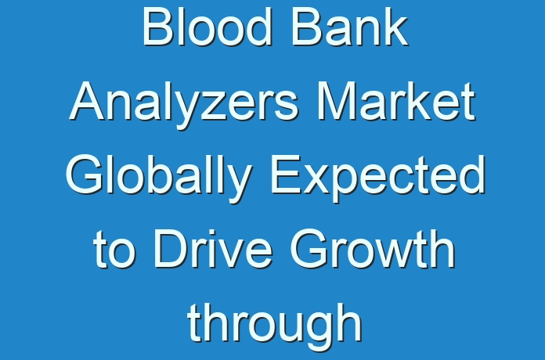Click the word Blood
[207, 27]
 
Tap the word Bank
[350, 27]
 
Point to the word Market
[396, 102]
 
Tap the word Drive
[214, 250]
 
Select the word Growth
[373, 250]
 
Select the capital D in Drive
[171, 250]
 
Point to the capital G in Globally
[85, 175]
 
